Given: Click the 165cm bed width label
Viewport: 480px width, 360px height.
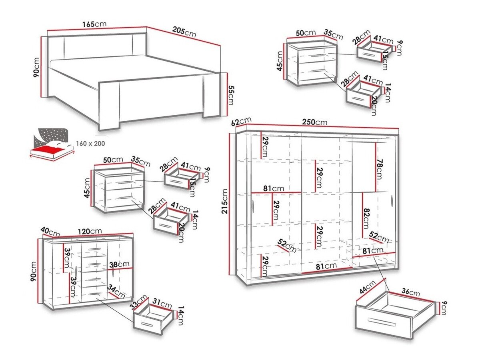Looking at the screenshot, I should point(94,24).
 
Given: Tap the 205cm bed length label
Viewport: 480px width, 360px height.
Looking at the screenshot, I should point(184,32).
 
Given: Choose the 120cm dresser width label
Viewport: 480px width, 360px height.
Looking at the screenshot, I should point(90,231).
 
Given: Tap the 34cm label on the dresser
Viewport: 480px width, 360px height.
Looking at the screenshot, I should point(116,292).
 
